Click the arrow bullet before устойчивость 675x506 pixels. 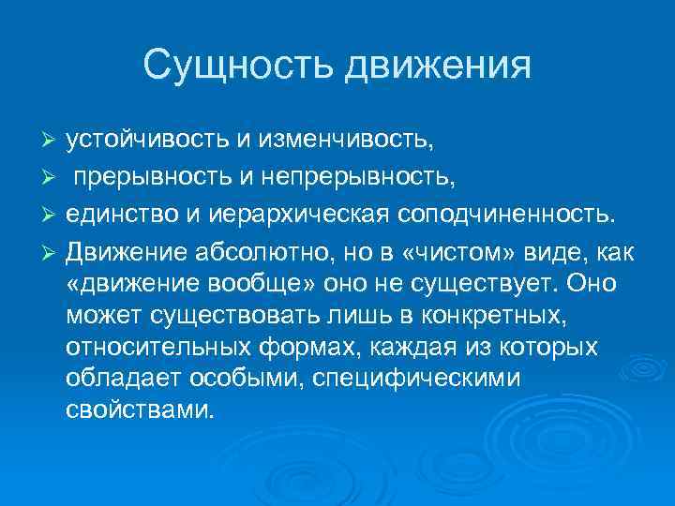[x=53, y=141]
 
